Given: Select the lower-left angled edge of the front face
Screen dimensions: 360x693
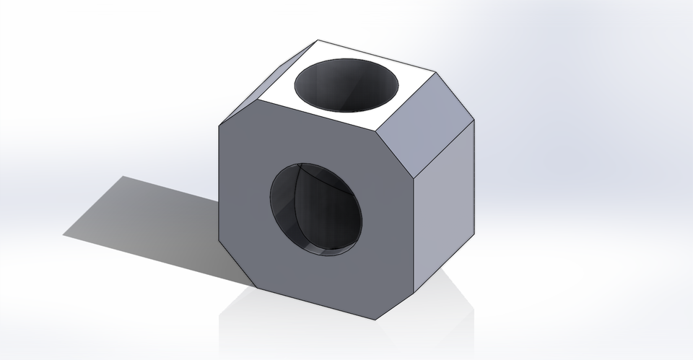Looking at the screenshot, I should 239,266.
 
